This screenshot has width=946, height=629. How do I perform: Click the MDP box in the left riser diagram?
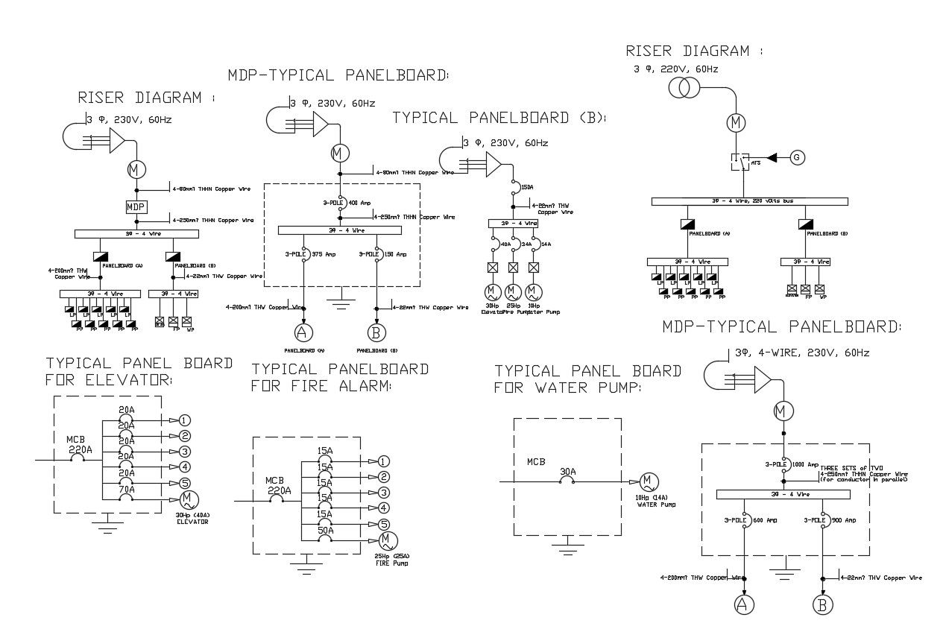136,206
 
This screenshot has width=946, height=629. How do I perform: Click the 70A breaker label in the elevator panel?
127,490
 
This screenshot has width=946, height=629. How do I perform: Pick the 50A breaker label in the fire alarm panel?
324,530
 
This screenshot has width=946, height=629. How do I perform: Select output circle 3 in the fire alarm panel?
383,493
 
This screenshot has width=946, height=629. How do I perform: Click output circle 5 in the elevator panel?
185,483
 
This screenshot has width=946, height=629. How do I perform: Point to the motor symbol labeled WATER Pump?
647,482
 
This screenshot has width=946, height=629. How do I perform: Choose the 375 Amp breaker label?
322,254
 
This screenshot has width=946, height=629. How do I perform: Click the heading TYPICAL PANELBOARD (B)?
499,118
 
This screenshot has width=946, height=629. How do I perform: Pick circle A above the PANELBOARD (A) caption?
303,331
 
